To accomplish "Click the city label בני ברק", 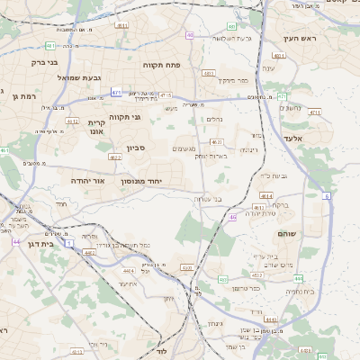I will (44, 63).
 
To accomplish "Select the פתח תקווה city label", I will (162, 65).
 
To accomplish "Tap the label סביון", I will (137, 148).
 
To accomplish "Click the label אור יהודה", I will (87, 181).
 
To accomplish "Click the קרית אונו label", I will (97, 127).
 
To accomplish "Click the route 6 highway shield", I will (327, 195).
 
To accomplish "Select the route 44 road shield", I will (16, 241).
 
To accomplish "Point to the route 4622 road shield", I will (114, 157).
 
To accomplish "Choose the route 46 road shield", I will (232, 217).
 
